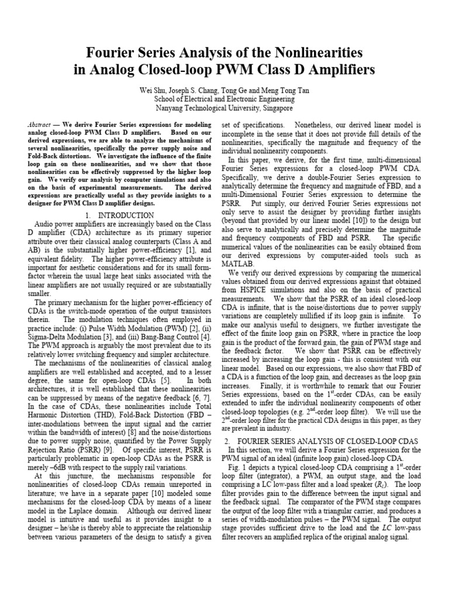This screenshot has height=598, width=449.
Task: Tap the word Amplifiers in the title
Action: (337, 71)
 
